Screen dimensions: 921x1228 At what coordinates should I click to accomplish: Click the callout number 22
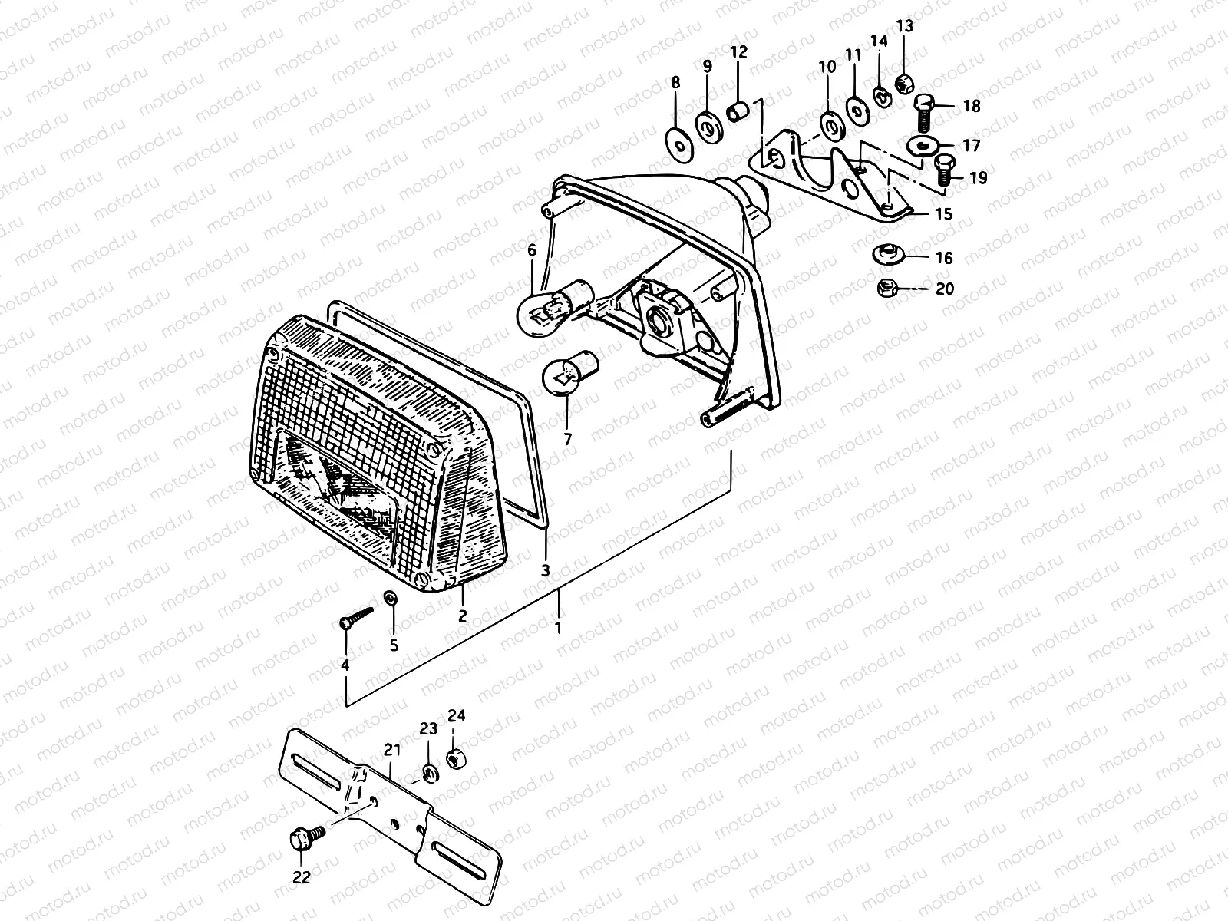click(x=302, y=877)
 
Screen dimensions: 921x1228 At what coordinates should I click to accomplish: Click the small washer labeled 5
click(x=391, y=598)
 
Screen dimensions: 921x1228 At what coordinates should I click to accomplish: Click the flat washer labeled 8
click(x=678, y=143)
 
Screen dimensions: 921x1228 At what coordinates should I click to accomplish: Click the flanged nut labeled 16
click(x=890, y=254)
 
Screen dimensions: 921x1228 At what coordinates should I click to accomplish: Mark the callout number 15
click(x=944, y=213)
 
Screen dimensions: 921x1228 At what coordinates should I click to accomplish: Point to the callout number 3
click(x=546, y=571)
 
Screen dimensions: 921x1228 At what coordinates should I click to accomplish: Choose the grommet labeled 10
click(x=828, y=124)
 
